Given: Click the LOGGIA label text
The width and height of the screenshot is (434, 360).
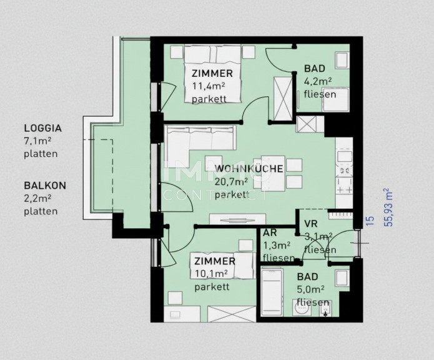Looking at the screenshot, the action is click(43, 128).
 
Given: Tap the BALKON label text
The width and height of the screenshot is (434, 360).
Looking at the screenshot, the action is click(45, 186).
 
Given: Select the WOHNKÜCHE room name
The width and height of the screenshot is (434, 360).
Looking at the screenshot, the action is click(249, 169).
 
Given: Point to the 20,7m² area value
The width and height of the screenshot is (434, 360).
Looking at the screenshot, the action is click(231, 182).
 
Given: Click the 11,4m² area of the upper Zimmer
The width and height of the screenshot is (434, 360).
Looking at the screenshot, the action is click(209, 86).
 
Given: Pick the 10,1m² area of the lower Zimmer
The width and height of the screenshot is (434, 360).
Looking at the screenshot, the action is click(211, 274).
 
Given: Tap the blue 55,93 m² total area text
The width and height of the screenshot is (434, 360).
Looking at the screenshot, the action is click(388, 207).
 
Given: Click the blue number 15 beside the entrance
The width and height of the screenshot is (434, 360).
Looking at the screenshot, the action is click(370, 221).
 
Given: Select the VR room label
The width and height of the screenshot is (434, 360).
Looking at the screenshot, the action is click(310, 224).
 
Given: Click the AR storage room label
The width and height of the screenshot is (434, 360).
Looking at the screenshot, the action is click(270, 233).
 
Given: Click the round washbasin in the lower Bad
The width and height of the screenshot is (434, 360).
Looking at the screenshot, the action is click(302, 308).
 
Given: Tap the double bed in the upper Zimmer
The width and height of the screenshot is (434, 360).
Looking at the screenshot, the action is click(212, 74).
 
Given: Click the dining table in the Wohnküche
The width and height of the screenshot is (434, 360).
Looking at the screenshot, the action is click(273, 173).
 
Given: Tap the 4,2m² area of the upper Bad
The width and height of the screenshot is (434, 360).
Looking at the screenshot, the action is click(318, 81).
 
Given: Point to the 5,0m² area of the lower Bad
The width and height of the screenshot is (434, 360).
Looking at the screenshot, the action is click(310, 289).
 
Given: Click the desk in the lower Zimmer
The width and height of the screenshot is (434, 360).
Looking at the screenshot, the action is click(182, 314).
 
